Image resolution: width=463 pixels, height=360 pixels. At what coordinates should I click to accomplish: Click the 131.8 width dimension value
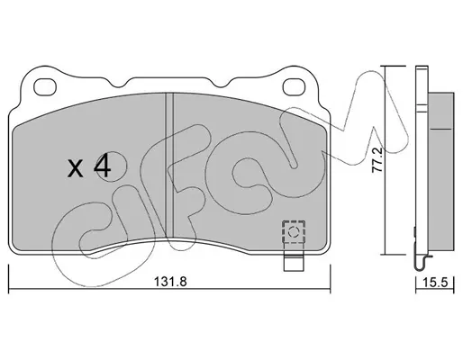(x=170, y=282)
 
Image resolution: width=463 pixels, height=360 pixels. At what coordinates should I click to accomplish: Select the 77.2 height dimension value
(x=377, y=159)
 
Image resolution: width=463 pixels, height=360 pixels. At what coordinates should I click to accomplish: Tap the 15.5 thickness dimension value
(x=435, y=283)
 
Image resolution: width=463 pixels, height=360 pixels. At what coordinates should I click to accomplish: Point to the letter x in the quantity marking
(x=75, y=169)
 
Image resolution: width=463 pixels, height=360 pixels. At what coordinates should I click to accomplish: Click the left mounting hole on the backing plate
(x=45, y=87)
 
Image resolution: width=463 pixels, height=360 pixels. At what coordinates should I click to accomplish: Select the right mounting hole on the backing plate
(x=295, y=87)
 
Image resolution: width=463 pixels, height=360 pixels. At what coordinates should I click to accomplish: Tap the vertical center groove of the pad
(x=170, y=165)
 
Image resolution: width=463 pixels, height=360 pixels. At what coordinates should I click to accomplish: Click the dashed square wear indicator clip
(x=294, y=231)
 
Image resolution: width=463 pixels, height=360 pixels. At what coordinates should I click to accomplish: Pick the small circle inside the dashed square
(x=293, y=231)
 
